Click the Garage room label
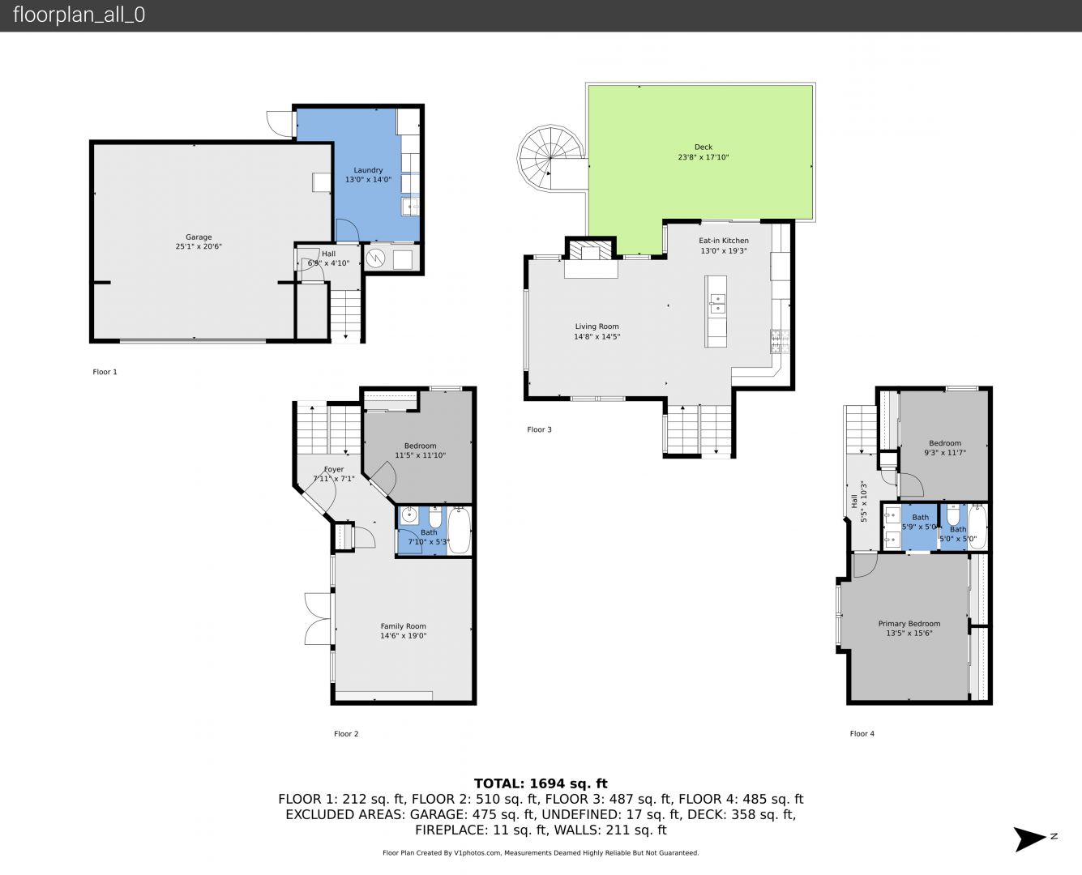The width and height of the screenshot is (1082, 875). pyautogui.click(x=199, y=237)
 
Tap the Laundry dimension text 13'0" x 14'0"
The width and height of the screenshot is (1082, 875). pyautogui.click(x=368, y=179)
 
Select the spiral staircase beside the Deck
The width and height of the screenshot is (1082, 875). pyautogui.click(x=550, y=158)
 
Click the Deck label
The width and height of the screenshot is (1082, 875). pyautogui.click(x=703, y=147)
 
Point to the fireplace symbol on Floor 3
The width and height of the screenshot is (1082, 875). pyautogui.click(x=591, y=250)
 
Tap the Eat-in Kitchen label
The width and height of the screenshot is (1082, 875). pyautogui.click(x=724, y=240)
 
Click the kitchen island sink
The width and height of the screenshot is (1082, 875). pyautogui.click(x=717, y=303)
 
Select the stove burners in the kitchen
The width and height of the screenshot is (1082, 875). pyautogui.click(x=780, y=341)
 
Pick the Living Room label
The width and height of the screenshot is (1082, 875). pyautogui.click(x=597, y=327)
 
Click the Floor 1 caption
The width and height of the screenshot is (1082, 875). pyautogui.click(x=105, y=372)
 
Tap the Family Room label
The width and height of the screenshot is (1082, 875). pyautogui.click(x=404, y=626)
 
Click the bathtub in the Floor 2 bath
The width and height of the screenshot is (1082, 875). pyautogui.click(x=460, y=530)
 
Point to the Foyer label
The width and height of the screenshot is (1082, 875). pyautogui.click(x=334, y=469)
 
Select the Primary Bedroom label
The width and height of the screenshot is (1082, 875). pyautogui.click(x=909, y=624)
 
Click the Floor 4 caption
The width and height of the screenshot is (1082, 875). pyautogui.click(x=862, y=733)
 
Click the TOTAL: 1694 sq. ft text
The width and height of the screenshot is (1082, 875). pyautogui.click(x=541, y=783)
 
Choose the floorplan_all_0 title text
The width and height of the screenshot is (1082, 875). pyautogui.click(x=79, y=15)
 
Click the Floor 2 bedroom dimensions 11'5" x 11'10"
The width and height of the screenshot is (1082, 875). pyautogui.click(x=420, y=455)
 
